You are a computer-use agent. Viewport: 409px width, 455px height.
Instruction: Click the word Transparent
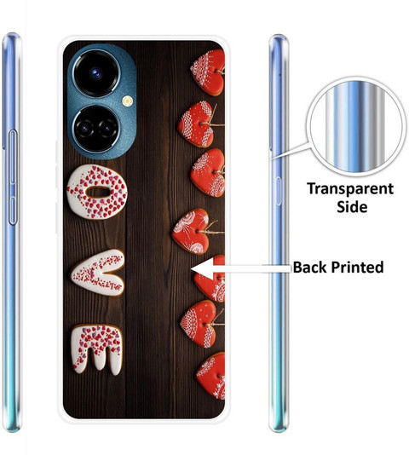pyautogui.click(x=350, y=189)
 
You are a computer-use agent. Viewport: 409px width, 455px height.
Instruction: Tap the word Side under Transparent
pyautogui.click(x=352, y=206)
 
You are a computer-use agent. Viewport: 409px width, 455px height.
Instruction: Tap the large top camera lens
pyautogui.click(x=95, y=73)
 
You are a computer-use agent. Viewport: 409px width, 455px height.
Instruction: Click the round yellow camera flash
pyautogui.click(x=127, y=101)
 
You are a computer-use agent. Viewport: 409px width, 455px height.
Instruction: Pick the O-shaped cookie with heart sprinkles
pyautogui.click(x=97, y=192)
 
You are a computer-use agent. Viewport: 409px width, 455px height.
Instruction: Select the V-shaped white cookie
pyautogui.click(x=97, y=273)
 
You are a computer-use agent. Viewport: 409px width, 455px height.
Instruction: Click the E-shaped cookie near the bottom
pyautogui.click(x=96, y=349)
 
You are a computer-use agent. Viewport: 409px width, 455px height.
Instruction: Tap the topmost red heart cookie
pyautogui.click(x=209, y=72)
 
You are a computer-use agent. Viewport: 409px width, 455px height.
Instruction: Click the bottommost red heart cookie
pyautogui.click(x=212, y=376)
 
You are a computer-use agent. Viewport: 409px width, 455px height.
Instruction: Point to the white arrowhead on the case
pyautogui.click(x=203, y=268)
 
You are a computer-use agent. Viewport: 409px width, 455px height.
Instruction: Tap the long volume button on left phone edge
pyautogui.click(x=13, y=177)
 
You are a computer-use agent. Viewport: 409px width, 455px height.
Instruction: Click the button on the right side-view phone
pyautogui.click(x=278, y=191)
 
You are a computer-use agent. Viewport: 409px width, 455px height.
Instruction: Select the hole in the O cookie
pyautogui.click(x=98, y=192)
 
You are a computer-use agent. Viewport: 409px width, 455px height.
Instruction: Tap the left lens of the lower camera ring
pyautogui.click(x=85, y=129)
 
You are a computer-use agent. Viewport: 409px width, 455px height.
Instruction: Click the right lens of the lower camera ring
pyautogui.click(x=107, y=129)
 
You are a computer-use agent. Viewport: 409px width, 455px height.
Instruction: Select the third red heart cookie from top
pyautogui.click(x=208, y=172)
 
